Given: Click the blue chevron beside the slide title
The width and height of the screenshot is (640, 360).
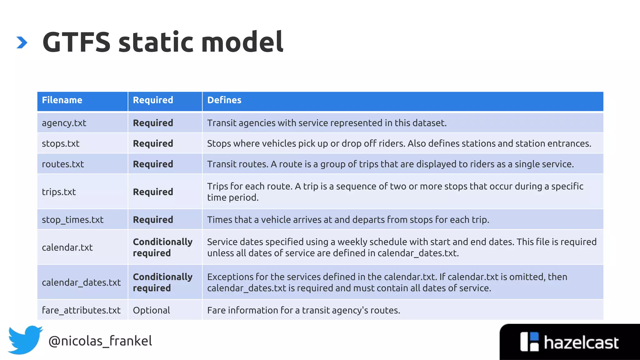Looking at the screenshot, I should (22, 42).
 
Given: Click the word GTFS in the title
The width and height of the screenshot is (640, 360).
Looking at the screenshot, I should (77, 42).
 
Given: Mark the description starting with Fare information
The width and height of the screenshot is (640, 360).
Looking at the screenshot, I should (303, 310).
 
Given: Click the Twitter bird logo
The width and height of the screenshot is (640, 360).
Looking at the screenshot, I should (25, 340).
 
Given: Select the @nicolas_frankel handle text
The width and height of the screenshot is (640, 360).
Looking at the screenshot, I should (100, 341).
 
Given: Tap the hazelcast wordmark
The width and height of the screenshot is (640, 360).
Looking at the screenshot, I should (581, 342).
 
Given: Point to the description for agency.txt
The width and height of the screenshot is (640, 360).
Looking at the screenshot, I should (327, 123).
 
